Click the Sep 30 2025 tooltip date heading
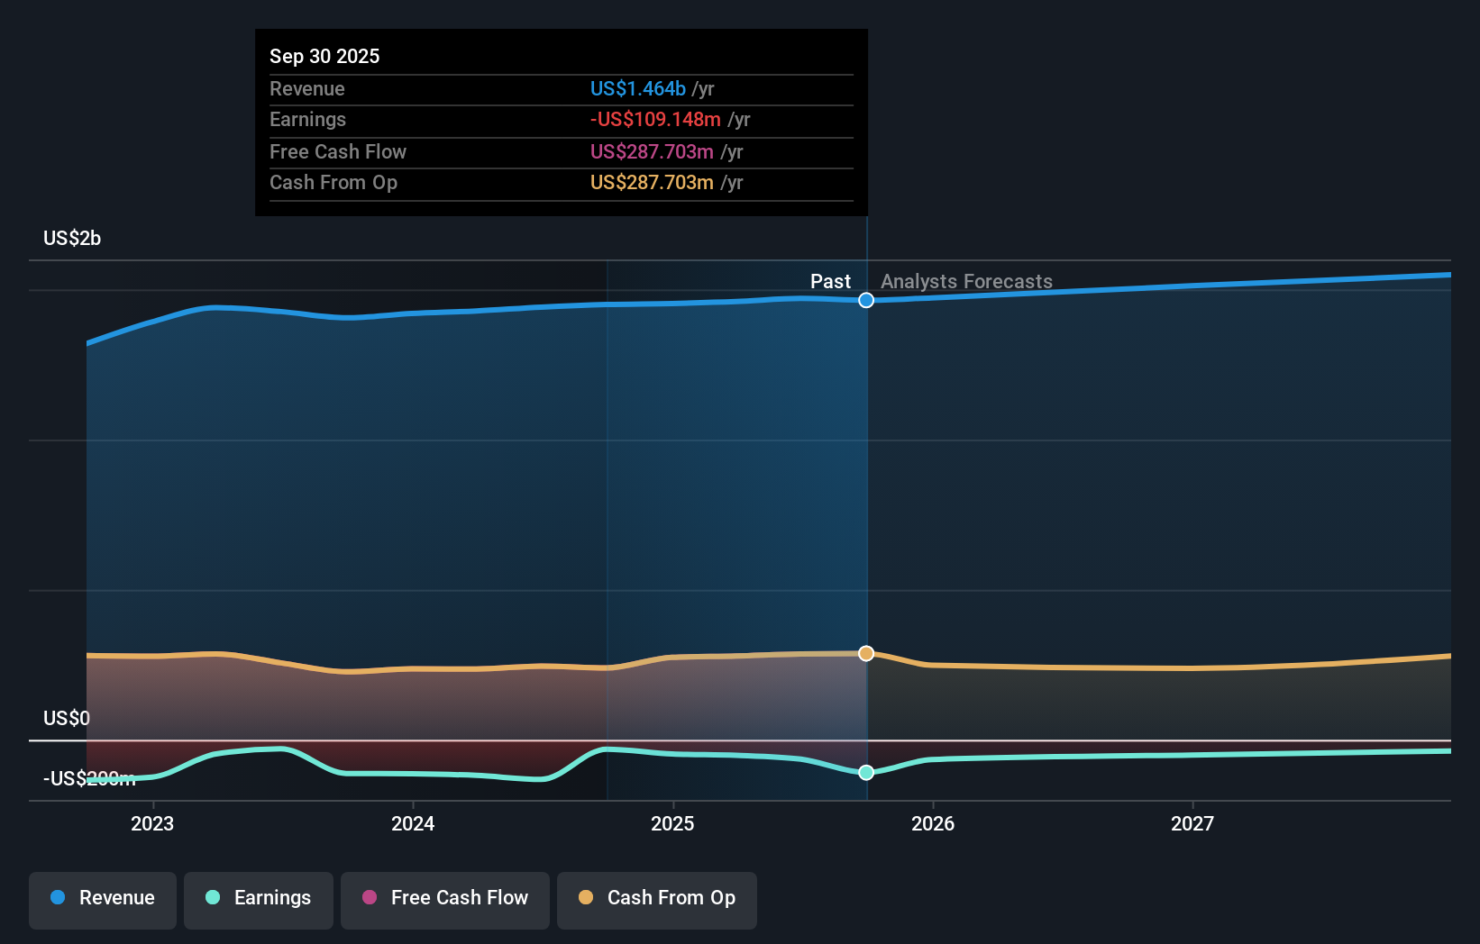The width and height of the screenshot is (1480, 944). tap(324, 56)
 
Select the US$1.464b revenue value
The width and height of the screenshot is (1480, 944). tap(637, 88)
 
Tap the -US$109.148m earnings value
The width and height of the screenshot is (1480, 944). tap(655, 119)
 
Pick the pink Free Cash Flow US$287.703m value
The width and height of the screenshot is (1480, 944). tap(652, 151)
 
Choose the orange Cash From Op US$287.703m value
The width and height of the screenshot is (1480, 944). tap(652, 182)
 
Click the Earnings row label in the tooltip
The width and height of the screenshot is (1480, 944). tap(307, 119)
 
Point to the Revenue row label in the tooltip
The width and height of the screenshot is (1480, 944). tap(306, 88)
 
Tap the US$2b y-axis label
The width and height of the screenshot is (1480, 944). tap(72, 238)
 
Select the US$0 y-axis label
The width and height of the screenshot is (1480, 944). tap(67, 718)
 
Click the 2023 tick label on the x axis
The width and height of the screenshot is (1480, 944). tap(152, 823)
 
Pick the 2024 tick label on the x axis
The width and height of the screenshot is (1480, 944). tap(413, 823)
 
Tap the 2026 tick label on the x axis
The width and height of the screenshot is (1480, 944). tap(933, 823)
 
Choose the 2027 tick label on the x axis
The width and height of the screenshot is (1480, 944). tap(1192, 823)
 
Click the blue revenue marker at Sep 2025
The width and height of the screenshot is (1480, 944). tap(866, 300)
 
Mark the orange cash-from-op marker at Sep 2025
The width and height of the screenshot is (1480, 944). tap(866, 653)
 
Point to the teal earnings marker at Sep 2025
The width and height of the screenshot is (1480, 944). tap(866, 772)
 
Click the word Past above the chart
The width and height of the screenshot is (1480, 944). tap(830, 281)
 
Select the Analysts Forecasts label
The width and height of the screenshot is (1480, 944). tap(966, 281)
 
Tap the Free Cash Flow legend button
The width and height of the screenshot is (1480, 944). tap(445, 898)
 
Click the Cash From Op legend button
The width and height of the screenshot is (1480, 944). tap(657, 898)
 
